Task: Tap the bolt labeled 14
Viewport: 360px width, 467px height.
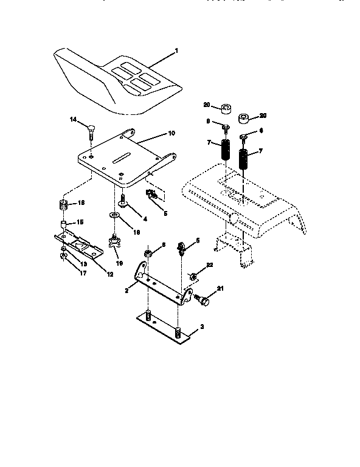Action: [x=91, y=130]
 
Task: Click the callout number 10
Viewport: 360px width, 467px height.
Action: [x=171, y=132]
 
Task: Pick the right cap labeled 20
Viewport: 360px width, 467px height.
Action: [x=246, y=118]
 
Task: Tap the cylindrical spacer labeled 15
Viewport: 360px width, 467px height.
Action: [x=63, y=228]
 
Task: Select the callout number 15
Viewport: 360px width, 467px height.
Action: [x=79, y=222]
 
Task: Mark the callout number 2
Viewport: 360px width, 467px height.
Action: [x=126, y=291]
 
